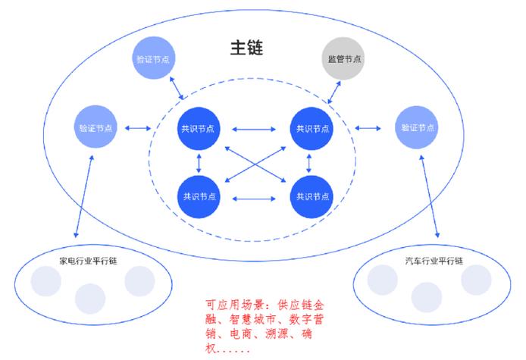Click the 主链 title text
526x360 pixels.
(x=246, y=48)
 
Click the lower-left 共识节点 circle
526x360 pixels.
(x=198, y=196)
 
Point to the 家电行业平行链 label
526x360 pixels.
(x=89, y=260)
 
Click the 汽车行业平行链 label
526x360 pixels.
(x=434, y=260)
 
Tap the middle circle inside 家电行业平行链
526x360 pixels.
(x=90, y=298)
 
